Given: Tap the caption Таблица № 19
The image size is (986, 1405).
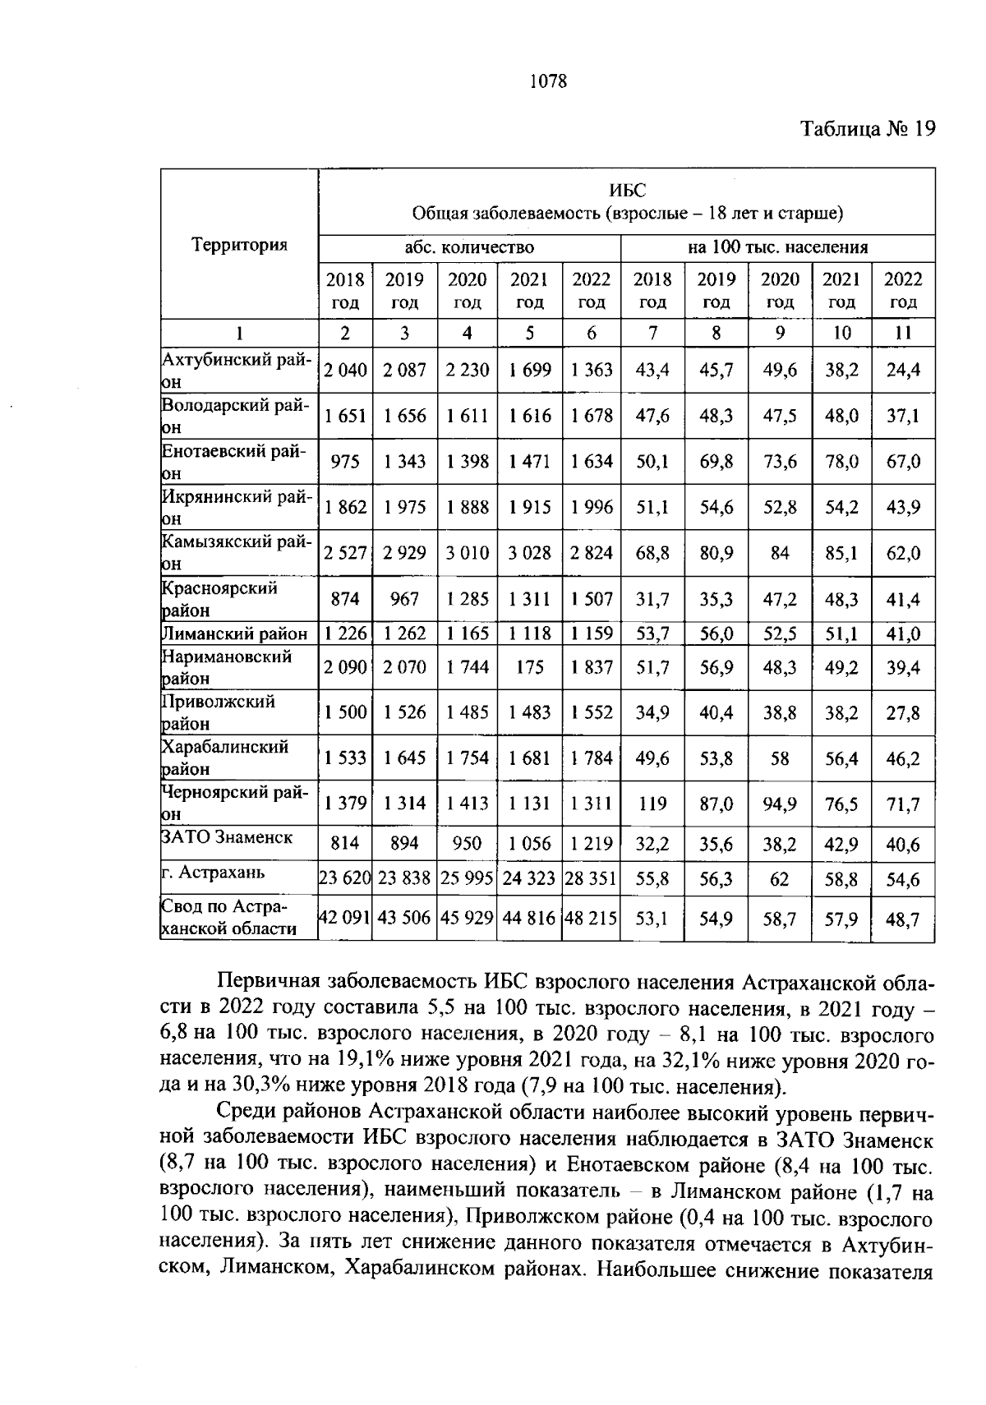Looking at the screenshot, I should click(868, 129).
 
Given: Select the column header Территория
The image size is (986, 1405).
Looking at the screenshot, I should click(239, 245).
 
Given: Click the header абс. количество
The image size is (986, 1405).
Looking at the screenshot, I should click(468, 247).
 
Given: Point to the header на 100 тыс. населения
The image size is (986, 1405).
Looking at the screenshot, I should click(777, 247).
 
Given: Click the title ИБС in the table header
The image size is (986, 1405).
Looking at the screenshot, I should click(627, 191).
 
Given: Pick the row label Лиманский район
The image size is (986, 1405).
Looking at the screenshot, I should click(235, 633).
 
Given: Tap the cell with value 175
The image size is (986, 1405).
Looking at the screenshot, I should click(529, 667).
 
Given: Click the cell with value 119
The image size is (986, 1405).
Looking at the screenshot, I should click(652, 804).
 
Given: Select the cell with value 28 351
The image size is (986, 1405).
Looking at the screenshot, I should click(591, 879).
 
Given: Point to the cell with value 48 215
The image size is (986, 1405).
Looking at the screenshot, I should click(591, 919).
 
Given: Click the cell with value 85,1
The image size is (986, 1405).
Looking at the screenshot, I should click(841, 553).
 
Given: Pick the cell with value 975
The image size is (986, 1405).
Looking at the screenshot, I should click(345, 462).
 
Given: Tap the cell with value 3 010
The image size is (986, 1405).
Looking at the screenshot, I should click(467, 553).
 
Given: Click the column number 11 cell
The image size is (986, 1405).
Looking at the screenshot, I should click(902, 333).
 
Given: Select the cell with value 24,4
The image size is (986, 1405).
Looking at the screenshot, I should click(902, 371).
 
